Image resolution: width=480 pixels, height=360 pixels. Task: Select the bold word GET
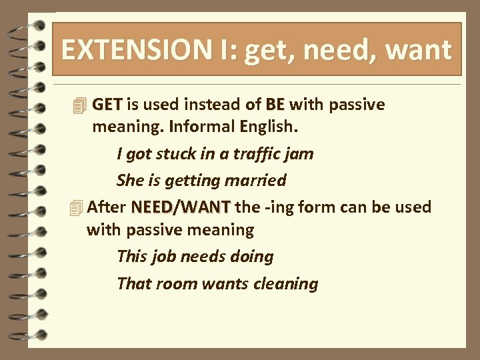(x=107, y=105)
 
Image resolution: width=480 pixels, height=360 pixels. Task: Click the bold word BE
(x=275, y=105)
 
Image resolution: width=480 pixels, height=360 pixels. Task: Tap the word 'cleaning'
(x=287, y=283)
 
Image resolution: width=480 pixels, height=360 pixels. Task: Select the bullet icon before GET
(x=80, y=105)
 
